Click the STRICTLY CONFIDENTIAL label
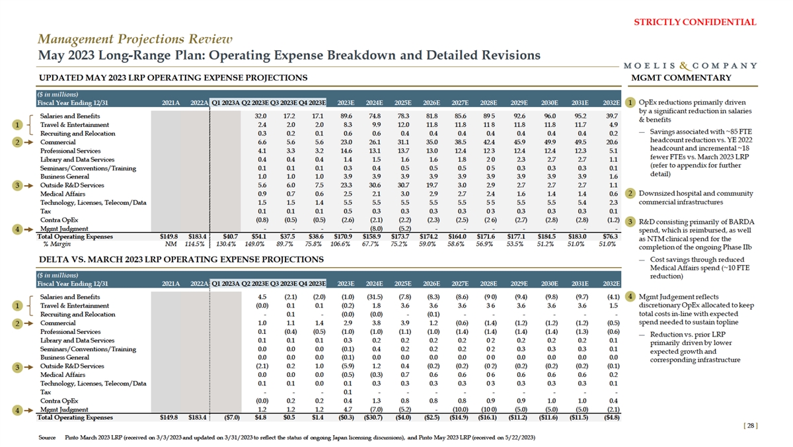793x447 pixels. [x=695, y=22]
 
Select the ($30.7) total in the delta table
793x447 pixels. [x=373, y=418]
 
